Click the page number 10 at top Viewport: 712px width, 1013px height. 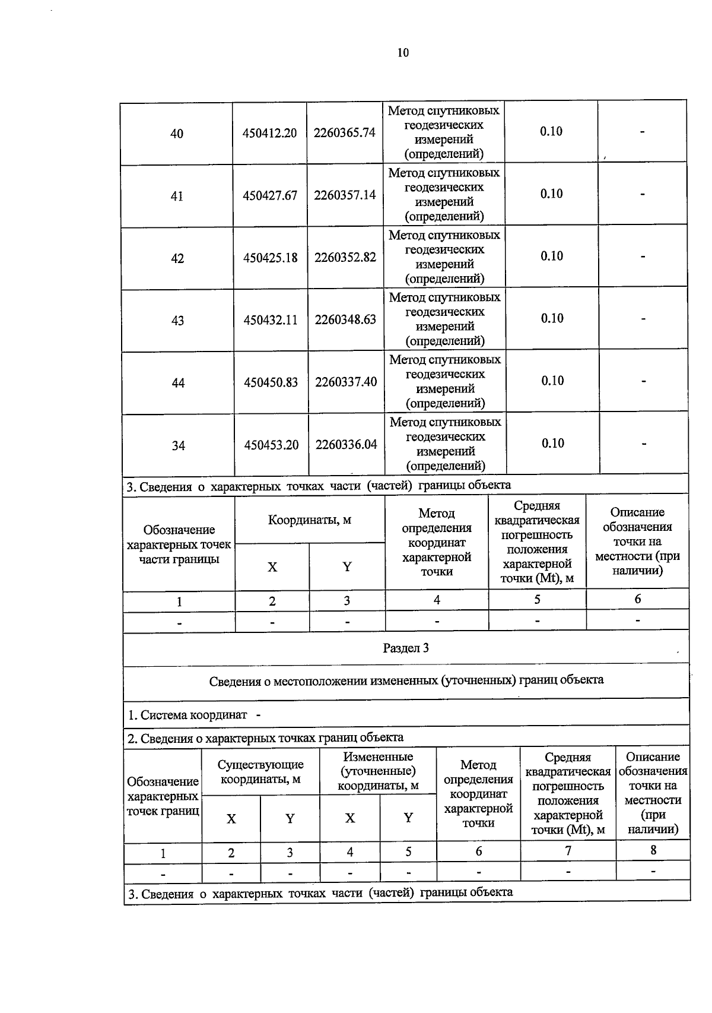tap(403, 53)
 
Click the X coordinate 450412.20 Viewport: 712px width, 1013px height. tap(269, 133)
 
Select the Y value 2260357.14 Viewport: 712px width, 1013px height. tap(345, 195)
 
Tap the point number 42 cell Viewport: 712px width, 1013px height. tap(177, 258)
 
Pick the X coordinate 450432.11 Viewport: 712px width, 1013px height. tap(271, 320)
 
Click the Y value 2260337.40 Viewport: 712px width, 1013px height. tap(346, 382)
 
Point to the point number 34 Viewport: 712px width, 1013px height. tap(178, 445)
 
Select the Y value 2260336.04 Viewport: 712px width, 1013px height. tap(346, 444)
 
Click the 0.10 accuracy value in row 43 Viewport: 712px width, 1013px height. tap(552, 318)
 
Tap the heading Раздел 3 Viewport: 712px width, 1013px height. tap(406, 648)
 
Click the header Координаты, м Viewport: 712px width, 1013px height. tap(310, 520)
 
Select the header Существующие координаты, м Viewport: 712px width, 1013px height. tap(260, 772)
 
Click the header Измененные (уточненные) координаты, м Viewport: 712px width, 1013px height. tap(378, 771)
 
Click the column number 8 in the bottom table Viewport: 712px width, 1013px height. tap(653, 850)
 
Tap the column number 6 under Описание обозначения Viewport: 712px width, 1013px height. tap(637, 599)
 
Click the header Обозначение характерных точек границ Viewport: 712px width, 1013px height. tap(163, 796)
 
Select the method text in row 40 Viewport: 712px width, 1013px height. tap(444, 132)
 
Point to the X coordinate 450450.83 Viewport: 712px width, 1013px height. tap(271, 382)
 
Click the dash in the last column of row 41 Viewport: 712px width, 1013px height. tap(643, 194)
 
